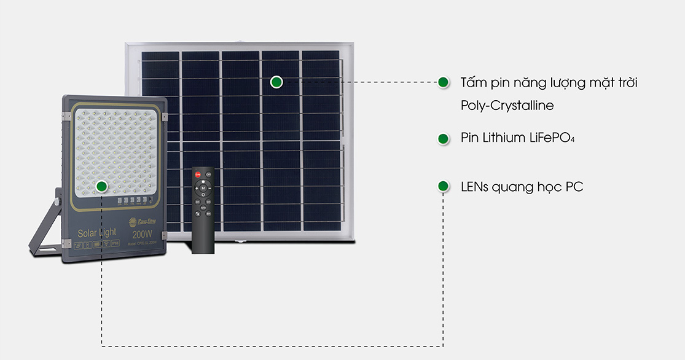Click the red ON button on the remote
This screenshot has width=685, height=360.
coord(198,174)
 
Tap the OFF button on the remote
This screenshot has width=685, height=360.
coord(209,174)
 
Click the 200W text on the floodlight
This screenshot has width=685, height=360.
coord(142,235)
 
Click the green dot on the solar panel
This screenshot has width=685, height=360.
coord(276,82)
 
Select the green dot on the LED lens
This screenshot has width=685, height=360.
coord(102,186)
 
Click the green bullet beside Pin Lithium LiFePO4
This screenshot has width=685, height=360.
coord(442,138)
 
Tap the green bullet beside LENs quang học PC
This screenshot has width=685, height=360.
coord(442,186)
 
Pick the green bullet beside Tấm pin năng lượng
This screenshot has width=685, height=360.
coord(442,82)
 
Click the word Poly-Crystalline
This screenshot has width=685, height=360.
coord(507,106)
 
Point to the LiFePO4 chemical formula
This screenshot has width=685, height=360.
coord(552,138)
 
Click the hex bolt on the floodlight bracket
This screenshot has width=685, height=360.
coord(57,201)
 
